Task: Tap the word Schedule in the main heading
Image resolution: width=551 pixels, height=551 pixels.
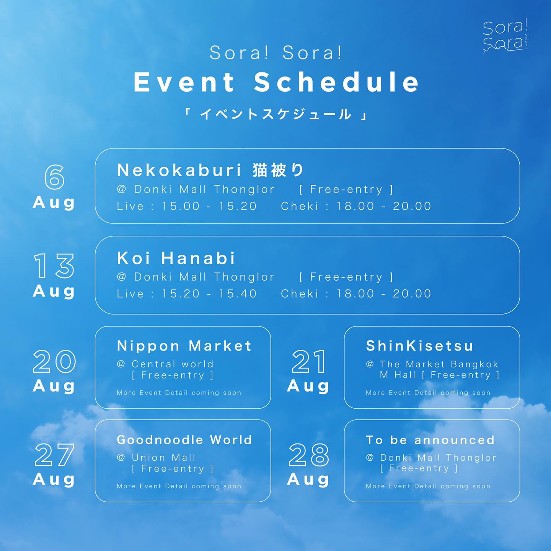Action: [336, 82]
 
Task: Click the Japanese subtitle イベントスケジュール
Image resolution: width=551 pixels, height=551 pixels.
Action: [275, 114]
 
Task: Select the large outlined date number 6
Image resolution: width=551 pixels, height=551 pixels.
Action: [54, 177]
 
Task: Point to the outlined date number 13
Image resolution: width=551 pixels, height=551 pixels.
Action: [54, 266]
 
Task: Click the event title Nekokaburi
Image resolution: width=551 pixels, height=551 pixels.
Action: [179, 170]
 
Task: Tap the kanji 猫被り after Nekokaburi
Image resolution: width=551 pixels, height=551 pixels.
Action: [278, 170]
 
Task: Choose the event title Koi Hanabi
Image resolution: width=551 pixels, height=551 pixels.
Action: [176, 258]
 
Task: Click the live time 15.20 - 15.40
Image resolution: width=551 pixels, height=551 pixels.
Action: [209, 293]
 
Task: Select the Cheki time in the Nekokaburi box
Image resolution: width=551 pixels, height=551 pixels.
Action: [356, 206]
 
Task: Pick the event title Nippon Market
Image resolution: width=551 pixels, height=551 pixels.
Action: [184, 346]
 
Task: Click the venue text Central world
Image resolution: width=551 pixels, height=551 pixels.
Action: [173, 364]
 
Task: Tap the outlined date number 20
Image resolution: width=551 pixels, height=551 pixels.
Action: [54, 362]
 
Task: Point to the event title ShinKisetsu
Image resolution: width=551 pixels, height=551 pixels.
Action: [419, 346]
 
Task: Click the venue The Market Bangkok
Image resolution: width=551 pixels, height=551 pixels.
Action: [439, 364]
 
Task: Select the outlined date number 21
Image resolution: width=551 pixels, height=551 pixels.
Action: [308, 362]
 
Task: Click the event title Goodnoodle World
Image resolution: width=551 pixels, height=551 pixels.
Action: [184, 440]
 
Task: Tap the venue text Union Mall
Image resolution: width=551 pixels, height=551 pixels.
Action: [163, 458]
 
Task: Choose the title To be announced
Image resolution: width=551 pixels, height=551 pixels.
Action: [430, 440]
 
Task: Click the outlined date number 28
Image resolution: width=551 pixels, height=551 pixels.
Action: [308, 455]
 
